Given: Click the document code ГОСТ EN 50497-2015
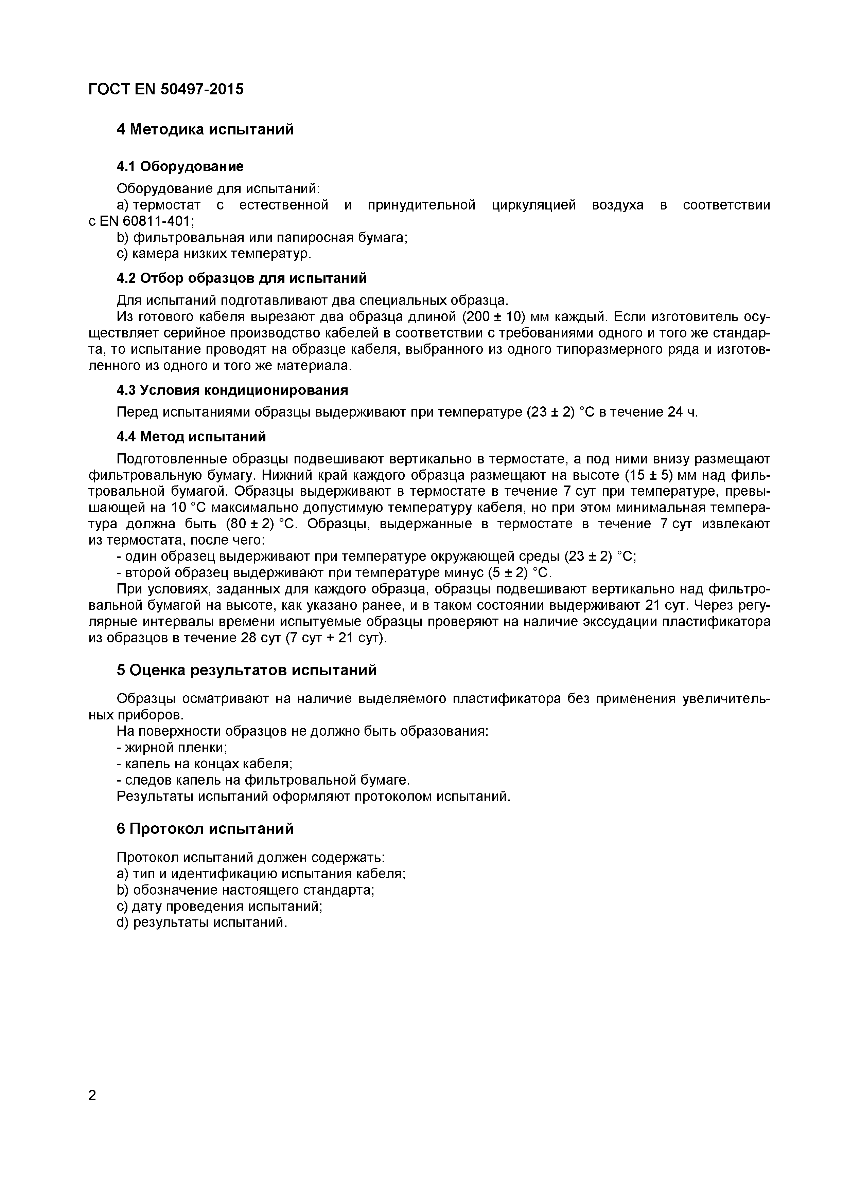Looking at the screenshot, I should click(x=165, y=89).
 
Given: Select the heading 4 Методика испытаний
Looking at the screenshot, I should click(x=205, y=129).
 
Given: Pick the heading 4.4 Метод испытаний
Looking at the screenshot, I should click(x=191, y=436).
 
